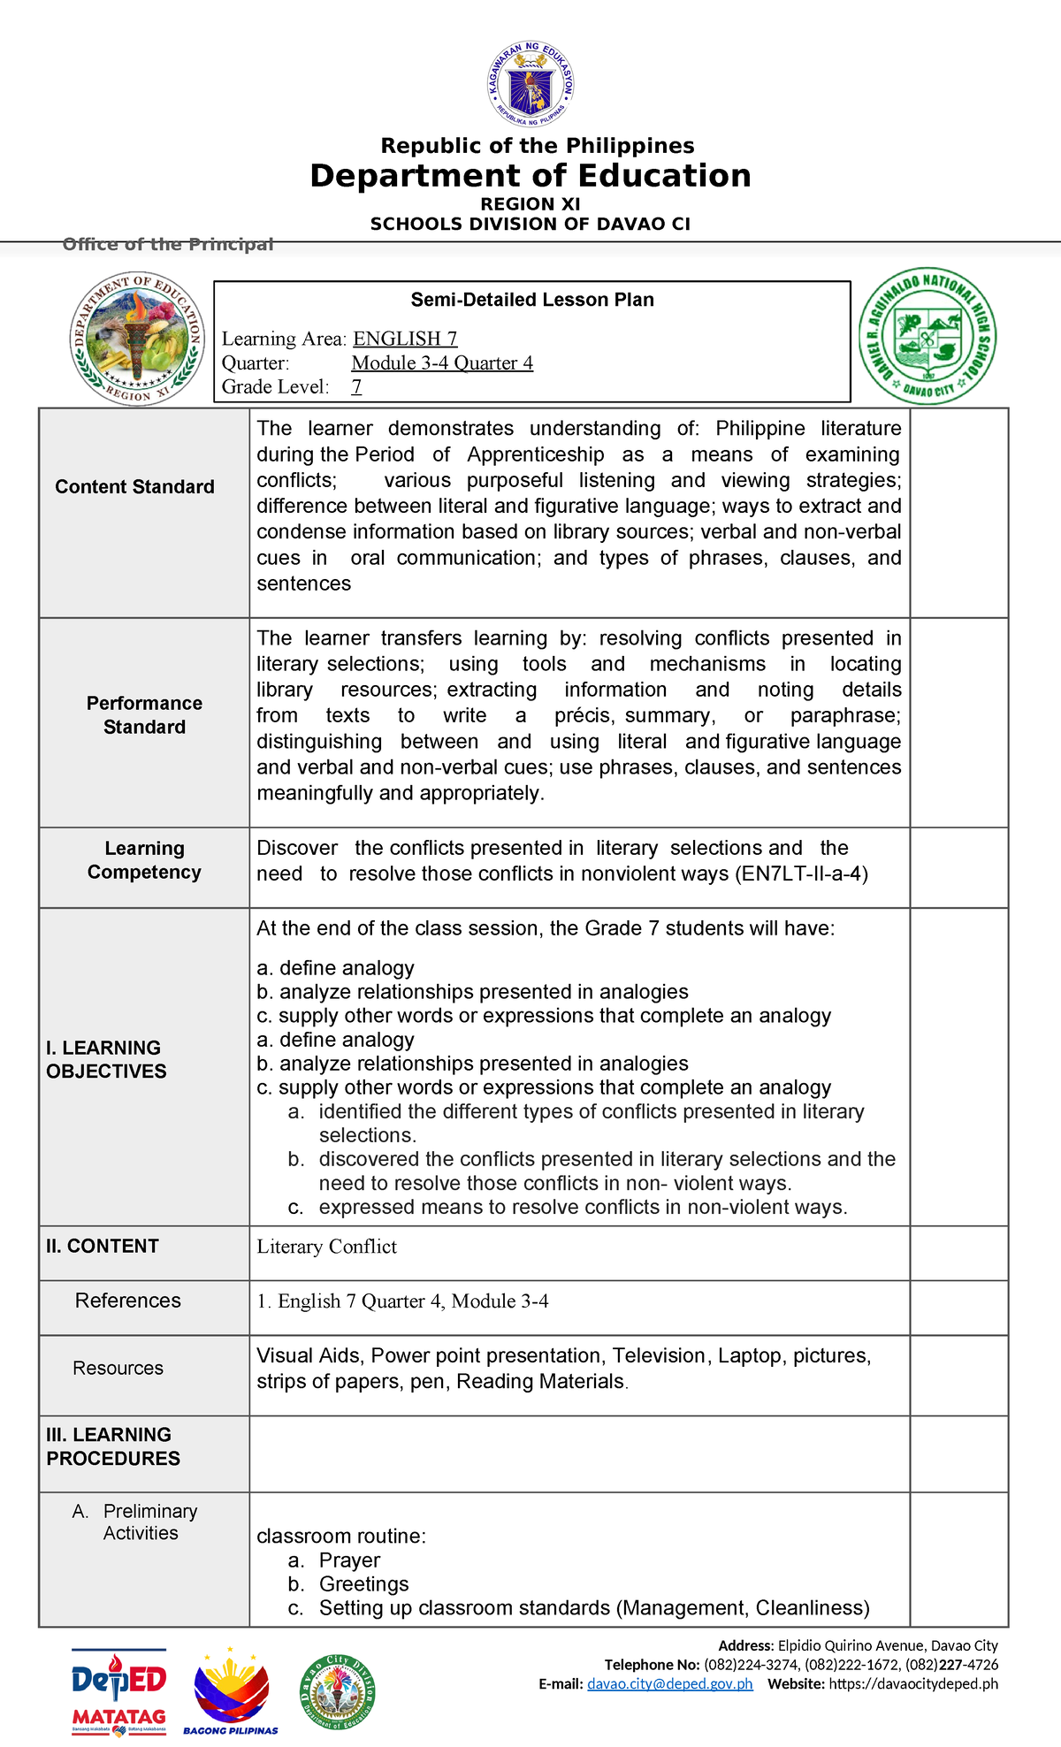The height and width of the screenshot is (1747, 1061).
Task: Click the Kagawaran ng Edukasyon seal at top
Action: [x=531, y=86]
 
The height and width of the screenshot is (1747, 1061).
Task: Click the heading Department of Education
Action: [x=530, y=176]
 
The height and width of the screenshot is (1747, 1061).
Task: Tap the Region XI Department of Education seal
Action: [x=137, y=338]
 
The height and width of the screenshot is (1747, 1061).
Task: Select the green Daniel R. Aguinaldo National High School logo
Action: [x=927, y=337]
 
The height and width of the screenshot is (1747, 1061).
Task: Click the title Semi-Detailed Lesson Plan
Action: [x=532, y=300]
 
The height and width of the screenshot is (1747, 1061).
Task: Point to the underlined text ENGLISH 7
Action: [x=405, y=339]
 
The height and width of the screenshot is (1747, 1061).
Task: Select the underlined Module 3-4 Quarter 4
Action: [x=442, y=362]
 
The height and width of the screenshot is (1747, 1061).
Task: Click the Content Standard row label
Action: [x=134, y=487]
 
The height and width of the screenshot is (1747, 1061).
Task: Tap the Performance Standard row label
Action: [x=144, y=715]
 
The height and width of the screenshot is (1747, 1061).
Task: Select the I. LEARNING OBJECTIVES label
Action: [x=106, y=1059]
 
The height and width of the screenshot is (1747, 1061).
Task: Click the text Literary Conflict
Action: [x=326, y=1247]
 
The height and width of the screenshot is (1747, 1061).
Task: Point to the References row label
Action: [x=127, y=1301]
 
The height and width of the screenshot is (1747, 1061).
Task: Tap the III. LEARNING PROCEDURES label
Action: [x=112, y=1446]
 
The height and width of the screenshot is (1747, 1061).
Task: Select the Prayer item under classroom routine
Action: [x=349, y=1560]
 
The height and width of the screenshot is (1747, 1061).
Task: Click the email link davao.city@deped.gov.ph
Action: [x=669, y=1684]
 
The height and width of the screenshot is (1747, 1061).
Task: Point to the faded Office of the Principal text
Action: [x=168, y=245]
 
